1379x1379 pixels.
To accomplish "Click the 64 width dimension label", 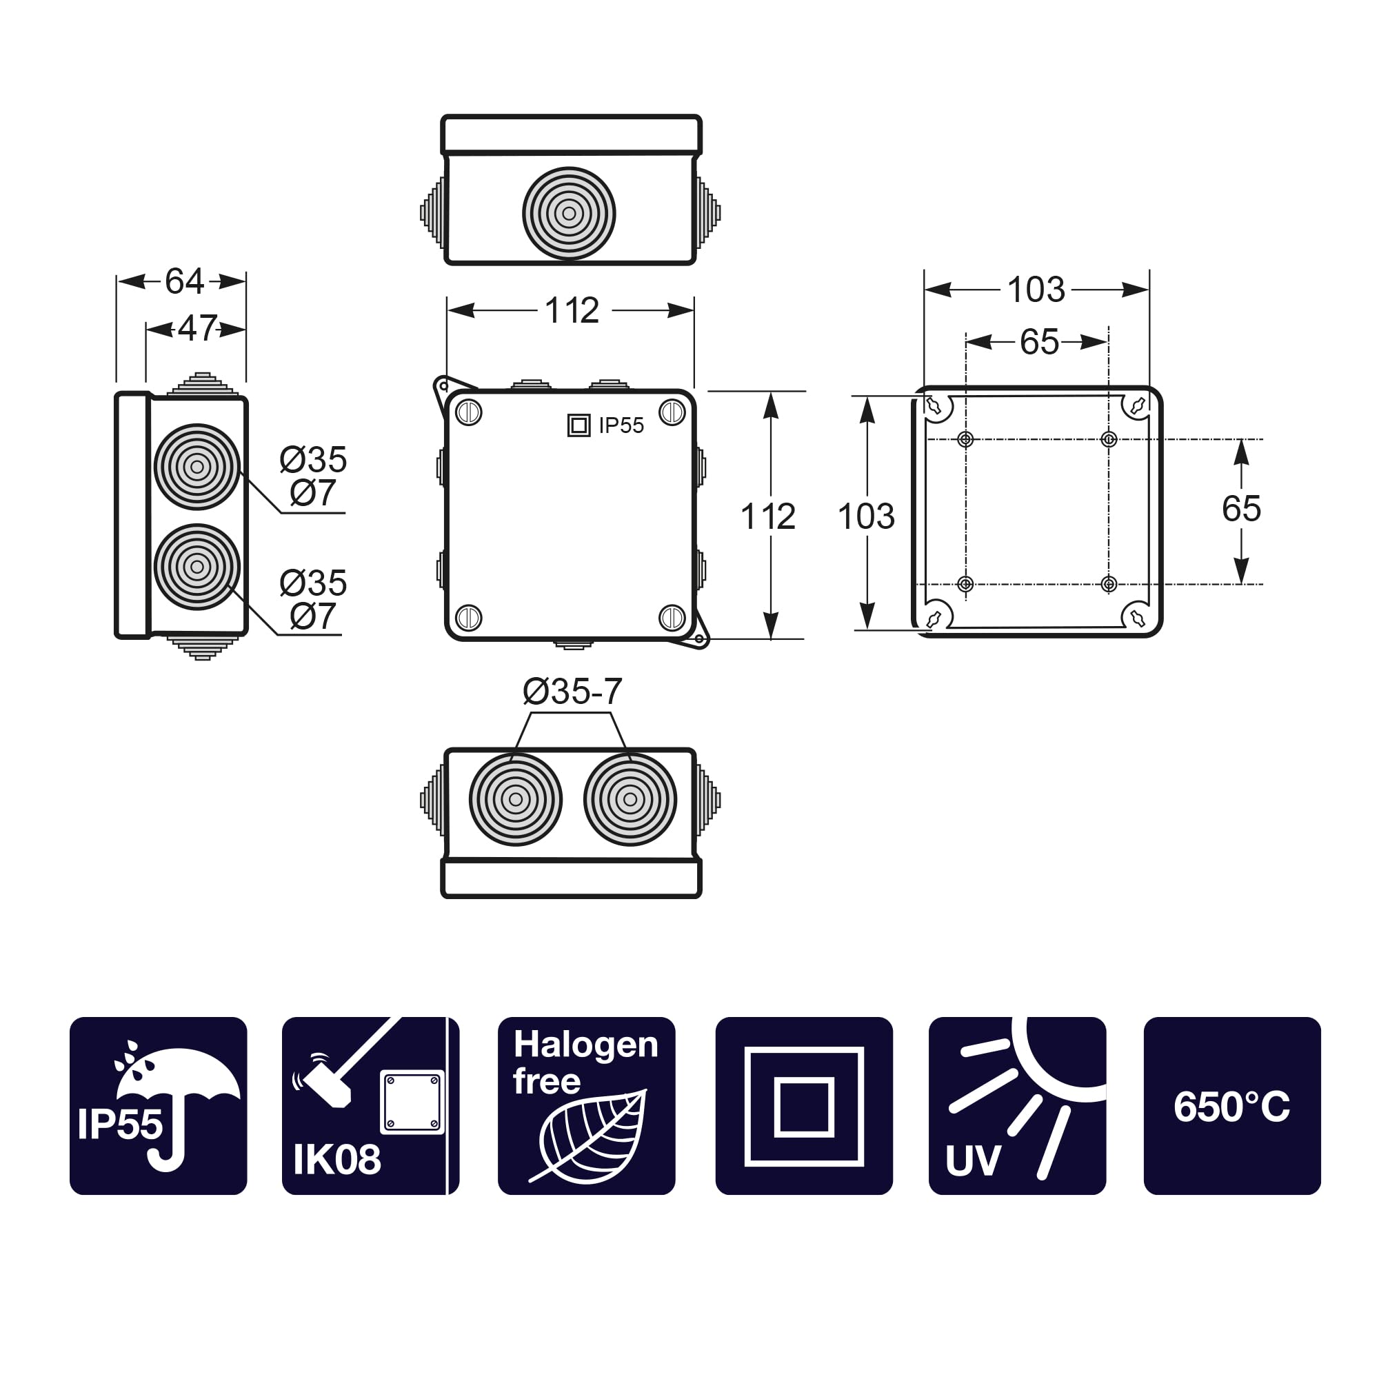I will tap(184, 281).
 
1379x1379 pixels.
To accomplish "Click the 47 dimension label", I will tap(197, 328).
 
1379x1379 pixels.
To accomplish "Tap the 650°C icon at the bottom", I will tap(1231, 1107).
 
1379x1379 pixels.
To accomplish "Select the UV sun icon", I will tap(1016, 1107).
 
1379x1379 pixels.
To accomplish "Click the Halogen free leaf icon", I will tap(586, 1107).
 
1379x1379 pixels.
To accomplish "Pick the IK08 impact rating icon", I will tap(370, 1107).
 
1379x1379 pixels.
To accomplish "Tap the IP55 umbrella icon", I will tap(158, 1107).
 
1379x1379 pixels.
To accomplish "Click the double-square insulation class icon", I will tap(804, 1107).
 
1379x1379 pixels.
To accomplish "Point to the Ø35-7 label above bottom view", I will tap(572, 692).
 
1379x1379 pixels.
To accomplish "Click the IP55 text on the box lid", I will tap(621, 425).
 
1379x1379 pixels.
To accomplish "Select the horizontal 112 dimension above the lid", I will tap(572, 310).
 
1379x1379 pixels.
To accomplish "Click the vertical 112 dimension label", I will tap(768, 516).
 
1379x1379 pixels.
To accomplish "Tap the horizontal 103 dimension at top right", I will tap(1036, 290).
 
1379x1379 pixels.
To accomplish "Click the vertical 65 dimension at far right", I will tap(1240, 509).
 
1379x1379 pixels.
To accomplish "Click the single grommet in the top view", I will tap(569, 214).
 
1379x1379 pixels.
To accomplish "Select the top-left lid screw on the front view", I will tap(469, 412).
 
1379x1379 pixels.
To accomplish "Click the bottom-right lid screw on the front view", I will tap(672, 617).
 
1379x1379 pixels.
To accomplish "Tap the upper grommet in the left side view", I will tap(197, 467).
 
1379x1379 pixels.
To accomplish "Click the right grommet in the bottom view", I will tap(630, 799).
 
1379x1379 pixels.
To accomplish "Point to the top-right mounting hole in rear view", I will tap(1109, 439).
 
